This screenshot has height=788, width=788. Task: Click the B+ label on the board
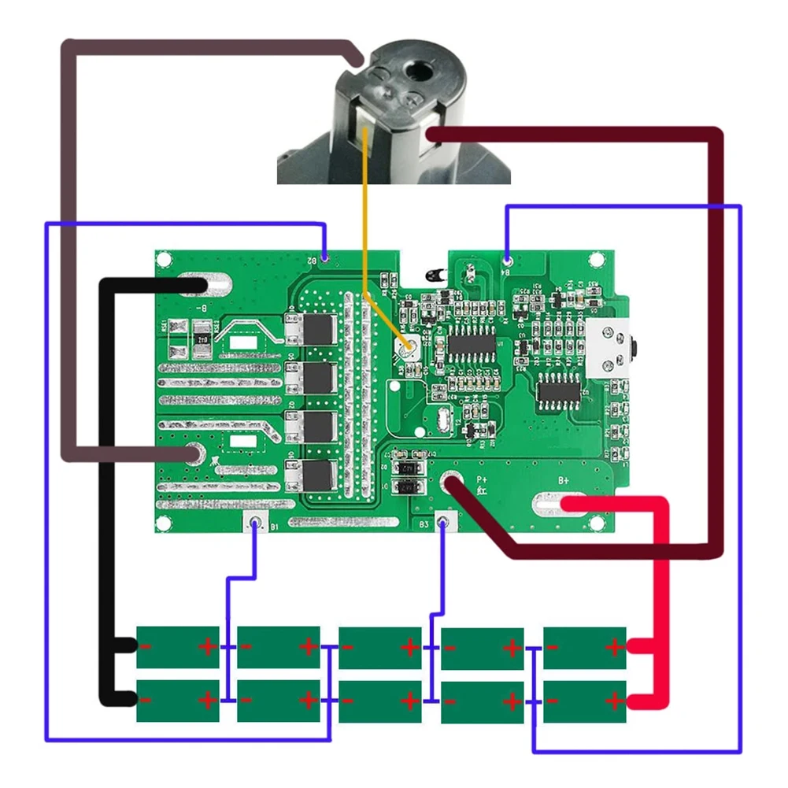click(x=564, y=479)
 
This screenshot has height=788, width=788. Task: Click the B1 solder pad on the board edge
click(x=254, y=523)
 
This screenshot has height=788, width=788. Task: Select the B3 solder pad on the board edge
click(x=445, y=523)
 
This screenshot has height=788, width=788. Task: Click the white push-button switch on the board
click(x=610, y=346)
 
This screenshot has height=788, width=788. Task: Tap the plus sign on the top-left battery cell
click(x=207, y=647)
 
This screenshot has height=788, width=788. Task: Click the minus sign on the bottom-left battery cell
click(x=146, y=699)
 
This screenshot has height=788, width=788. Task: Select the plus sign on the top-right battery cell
click(x=614, y=647)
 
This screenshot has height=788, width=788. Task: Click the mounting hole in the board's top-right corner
click(x=598, y=258)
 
